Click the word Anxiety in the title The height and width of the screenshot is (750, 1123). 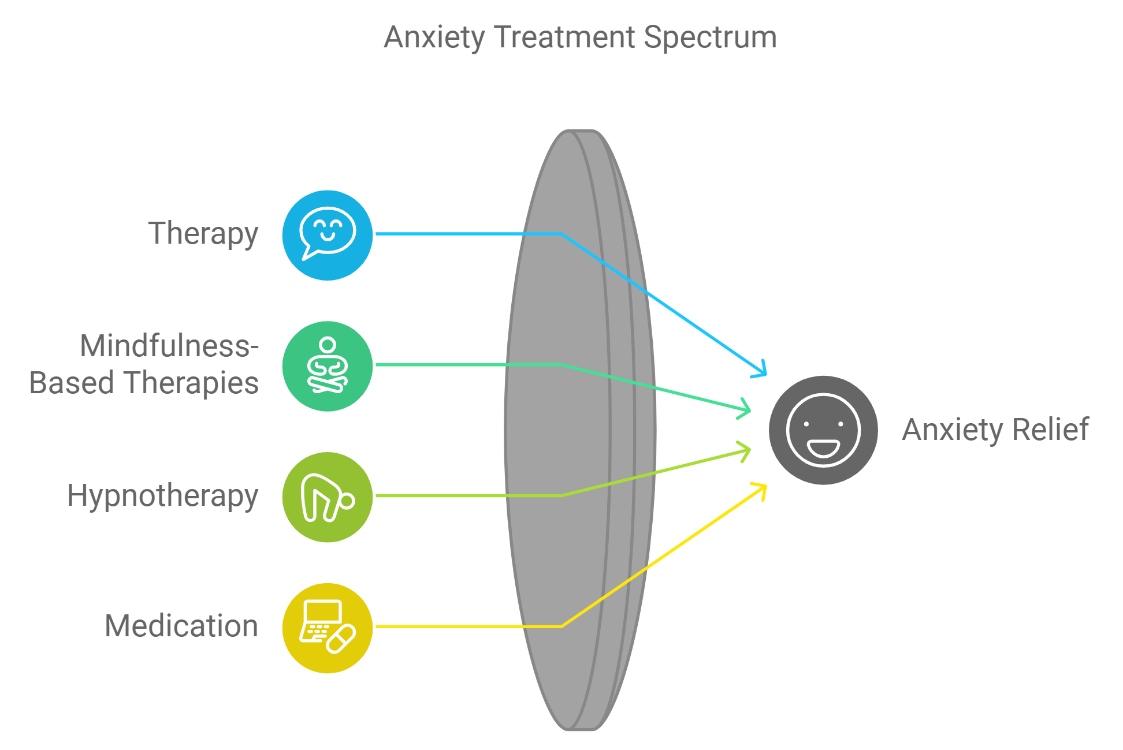click(434, 38)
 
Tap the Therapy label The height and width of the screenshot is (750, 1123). click(203, 234)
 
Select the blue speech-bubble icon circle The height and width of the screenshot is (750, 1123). click(328, 235)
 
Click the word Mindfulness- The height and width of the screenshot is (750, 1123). click(169, 346)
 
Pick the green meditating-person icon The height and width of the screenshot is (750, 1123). click(328, 366)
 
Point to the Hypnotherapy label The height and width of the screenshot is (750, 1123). click(162, 496)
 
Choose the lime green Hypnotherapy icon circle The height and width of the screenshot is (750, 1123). click(328, 497)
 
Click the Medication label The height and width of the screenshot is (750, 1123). click(181, 626)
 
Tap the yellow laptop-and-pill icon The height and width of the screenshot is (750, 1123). click(328, 628)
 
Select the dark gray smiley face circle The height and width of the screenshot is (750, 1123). click(823, 430)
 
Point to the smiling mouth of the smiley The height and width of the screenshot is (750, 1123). click(823, 447)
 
